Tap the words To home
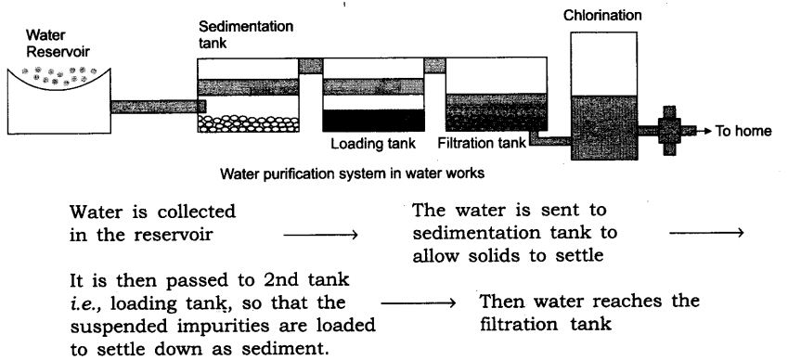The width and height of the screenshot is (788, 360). (743, 131)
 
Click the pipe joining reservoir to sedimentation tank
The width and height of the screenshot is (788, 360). (155, 106)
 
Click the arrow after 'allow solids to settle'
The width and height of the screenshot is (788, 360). (705, 233)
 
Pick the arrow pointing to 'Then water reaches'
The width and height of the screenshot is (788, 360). (417, 303)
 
